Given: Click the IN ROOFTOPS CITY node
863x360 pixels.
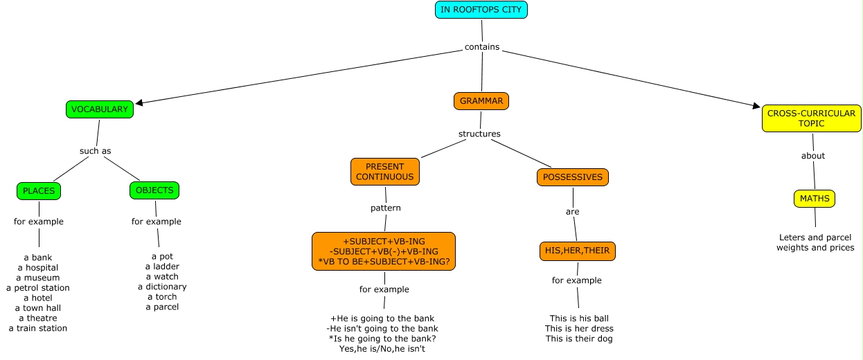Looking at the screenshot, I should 481,10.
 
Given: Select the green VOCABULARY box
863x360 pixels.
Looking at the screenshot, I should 100,109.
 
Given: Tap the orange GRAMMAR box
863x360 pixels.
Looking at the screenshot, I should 481,101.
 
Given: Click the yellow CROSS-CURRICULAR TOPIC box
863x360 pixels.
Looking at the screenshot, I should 811,118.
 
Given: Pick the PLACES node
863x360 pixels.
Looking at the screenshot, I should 38,191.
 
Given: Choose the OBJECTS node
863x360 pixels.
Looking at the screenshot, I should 154,190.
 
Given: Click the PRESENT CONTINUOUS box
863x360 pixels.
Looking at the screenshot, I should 385,172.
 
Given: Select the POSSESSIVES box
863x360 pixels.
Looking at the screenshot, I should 573,177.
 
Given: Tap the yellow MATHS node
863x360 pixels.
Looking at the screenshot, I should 814,199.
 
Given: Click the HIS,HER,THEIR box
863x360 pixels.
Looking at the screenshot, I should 577,251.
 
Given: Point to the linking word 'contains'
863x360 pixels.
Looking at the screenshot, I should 481,48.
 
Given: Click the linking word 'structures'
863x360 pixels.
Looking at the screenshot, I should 479,134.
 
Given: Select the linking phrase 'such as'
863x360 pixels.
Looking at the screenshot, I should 95,151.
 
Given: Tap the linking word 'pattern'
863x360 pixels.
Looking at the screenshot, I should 385,208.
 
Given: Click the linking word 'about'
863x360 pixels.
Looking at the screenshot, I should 813,156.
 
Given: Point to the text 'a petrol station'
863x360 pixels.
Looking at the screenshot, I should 38,288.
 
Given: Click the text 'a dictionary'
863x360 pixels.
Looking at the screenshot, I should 162,287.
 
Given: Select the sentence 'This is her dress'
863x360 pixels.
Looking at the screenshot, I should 579,329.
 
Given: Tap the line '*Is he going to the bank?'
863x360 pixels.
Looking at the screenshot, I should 382,339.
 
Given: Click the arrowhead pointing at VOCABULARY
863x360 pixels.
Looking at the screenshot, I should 139,103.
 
